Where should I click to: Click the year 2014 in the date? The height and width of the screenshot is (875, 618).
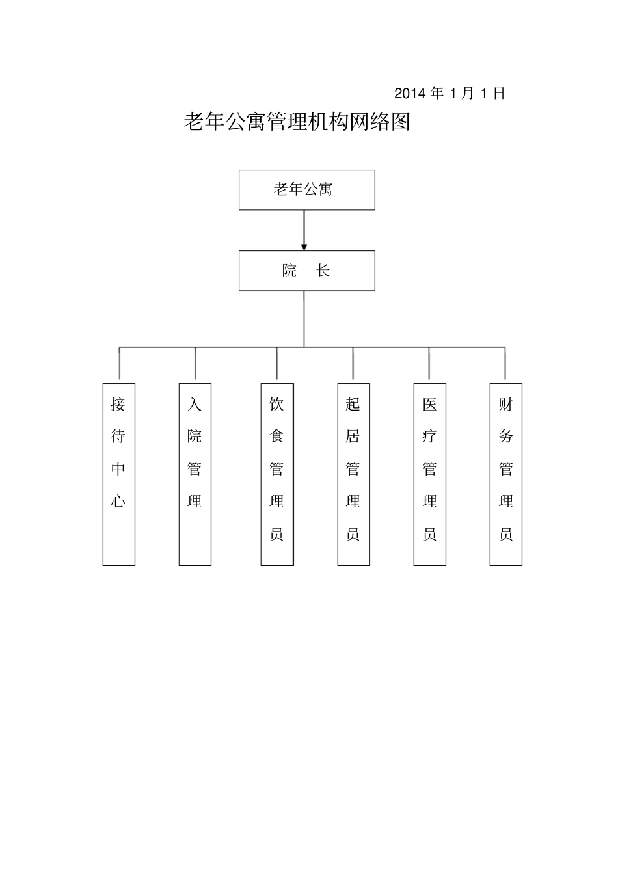click(410, 94)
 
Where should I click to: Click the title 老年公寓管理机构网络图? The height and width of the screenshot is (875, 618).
click(297, 122)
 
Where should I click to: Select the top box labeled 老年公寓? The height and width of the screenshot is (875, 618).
click(306, 190)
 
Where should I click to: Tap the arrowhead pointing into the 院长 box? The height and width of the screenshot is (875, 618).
click(304, 247)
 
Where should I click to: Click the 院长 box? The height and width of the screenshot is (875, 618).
click(306, 271)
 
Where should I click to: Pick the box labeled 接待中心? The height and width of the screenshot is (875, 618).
click(118, 474)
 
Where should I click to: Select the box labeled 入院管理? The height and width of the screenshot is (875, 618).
click(195, 474)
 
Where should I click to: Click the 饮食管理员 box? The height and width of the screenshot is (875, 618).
click(277, 474)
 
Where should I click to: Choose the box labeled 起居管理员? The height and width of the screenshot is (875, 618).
click(353, 474)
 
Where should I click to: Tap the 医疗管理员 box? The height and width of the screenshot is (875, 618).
click(429, 474)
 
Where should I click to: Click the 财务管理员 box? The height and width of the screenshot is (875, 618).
click(505, 474)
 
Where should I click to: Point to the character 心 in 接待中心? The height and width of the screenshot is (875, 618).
click(118, 501)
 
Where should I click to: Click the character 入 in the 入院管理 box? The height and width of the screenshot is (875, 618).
click(195, 405)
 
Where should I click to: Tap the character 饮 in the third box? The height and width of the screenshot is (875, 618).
click(277, 405)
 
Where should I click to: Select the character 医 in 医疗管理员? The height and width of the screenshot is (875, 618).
click(429, 405)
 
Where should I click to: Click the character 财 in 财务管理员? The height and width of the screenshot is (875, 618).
click(505, 405)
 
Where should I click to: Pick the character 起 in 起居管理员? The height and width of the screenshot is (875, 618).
click(353, 405)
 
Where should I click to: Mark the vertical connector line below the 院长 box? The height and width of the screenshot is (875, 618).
click(304, 319)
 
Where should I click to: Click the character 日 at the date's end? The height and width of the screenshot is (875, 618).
click(499, 94)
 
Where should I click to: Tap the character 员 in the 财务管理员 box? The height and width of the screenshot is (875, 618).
click(505, 535)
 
